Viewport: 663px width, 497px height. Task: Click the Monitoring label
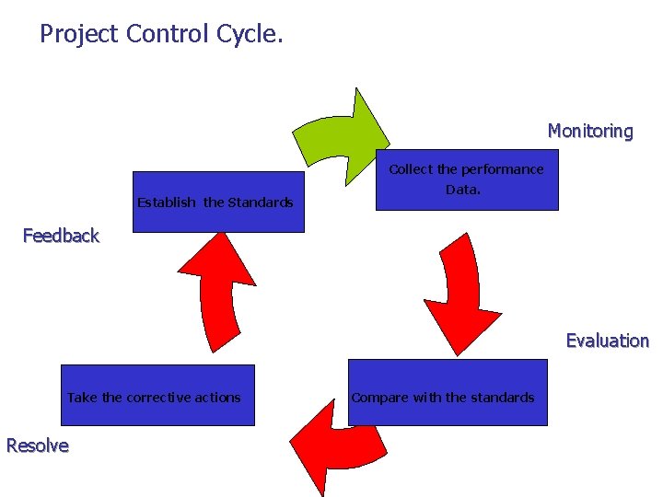pyautogui.click(x=590, y=131)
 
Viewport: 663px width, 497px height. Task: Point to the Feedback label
pyautogui.click(x=61, y=236)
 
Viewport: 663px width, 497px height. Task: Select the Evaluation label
pyautogui.click(x=607, y=341)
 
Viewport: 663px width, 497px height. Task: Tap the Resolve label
pyautogui.click(x=37, y=445)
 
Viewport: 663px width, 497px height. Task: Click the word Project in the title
pyautogui.click(x=79, y=35)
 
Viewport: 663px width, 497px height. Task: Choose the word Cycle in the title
pyautogui.click(x=250, y=35)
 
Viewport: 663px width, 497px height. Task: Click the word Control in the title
pyautogui.click(x=169, y=35)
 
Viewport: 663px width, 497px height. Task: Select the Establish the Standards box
pyautogui.click(x=217, y=202)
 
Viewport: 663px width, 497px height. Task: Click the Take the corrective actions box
pyautogui.click(x=157, y=396)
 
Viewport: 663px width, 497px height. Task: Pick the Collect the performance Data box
pyautogui.click(x=467, y=180)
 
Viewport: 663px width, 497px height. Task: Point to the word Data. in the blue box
pyautogui.click(x=463, y=190)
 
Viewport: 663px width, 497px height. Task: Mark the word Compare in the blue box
pyautogui.click(x=380, y=398)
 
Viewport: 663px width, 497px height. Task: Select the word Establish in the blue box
pyautogui.click(x=166, y=202)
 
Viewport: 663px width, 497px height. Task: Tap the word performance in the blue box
pyautogui.click(x=502, y=169)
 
